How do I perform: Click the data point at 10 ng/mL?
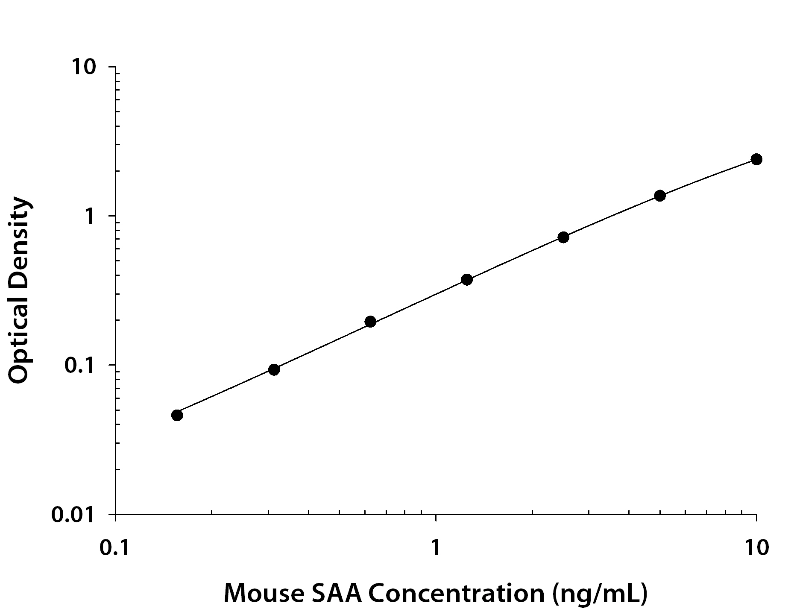(x=756, y=159)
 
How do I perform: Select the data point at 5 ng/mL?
(x=660, y=196)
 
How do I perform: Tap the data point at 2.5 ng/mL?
(x=563, y=237)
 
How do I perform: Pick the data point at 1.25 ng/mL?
(x=467, y=280)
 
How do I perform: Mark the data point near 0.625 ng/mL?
(x=370, y=322)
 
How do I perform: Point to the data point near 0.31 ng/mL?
(x=274, y=369)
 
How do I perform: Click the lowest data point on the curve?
(x=177, y=415)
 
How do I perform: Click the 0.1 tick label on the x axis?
(x=115, y=548)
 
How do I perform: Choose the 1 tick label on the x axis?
(x=436, y=548)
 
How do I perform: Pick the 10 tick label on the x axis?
(x=756, y=548)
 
